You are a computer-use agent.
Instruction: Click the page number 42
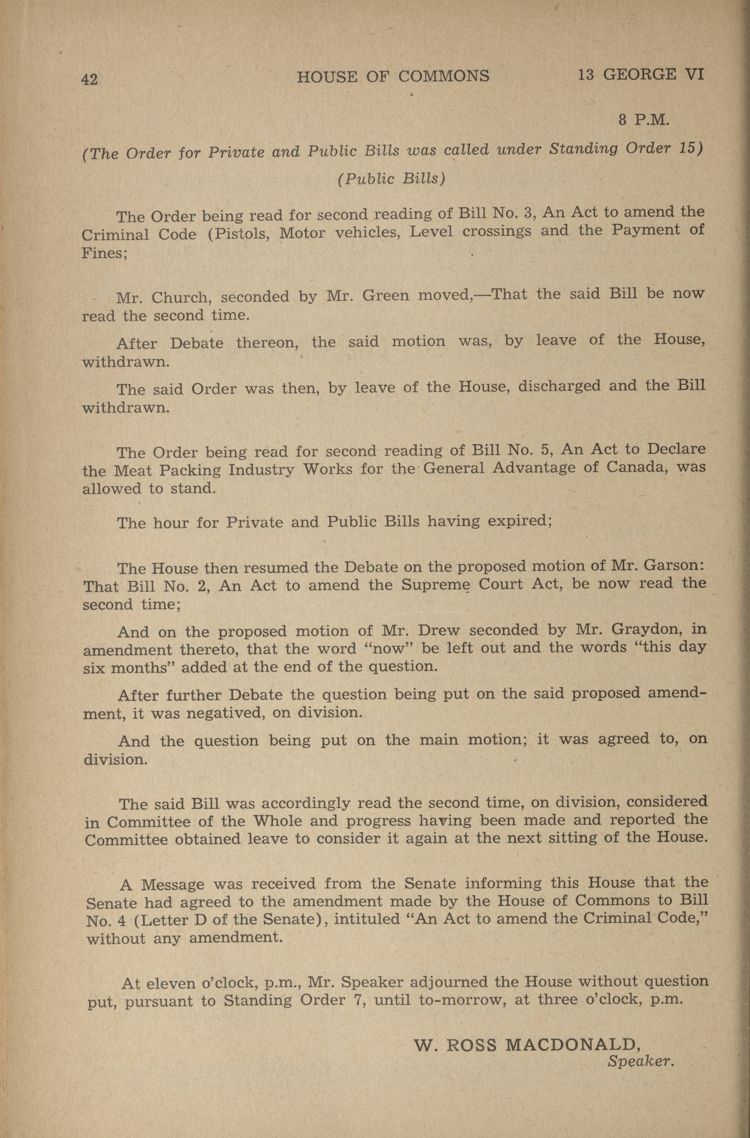(x=90, y=79)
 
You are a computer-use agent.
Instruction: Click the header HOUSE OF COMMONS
(x=393, y=76)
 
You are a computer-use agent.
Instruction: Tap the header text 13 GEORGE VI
(x=641, y=75)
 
